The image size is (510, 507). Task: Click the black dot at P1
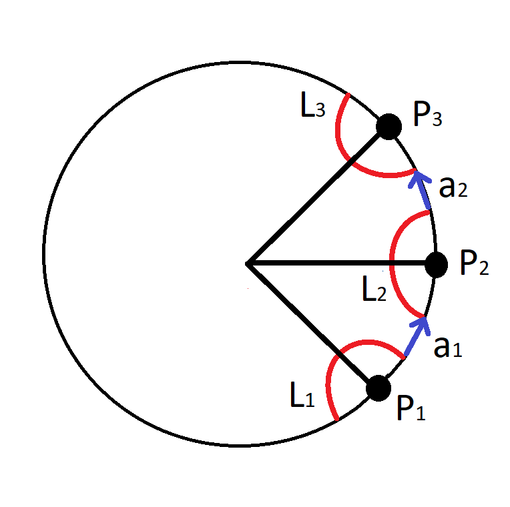click(x=378, y=388)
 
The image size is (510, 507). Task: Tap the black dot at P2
click(x=436, y=264)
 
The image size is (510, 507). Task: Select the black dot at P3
click(x=389, y=125)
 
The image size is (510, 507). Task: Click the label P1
click(x=411, y=408)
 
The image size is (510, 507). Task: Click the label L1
click(x=301, y=398)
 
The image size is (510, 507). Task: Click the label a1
click(x=447, y=347)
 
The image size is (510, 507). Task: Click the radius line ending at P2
click(x=340, y=264)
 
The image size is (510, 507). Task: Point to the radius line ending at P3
click(x=317, y=194)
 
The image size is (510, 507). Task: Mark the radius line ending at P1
click(x=310, y=324)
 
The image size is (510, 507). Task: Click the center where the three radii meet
click(x=248, y=264)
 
